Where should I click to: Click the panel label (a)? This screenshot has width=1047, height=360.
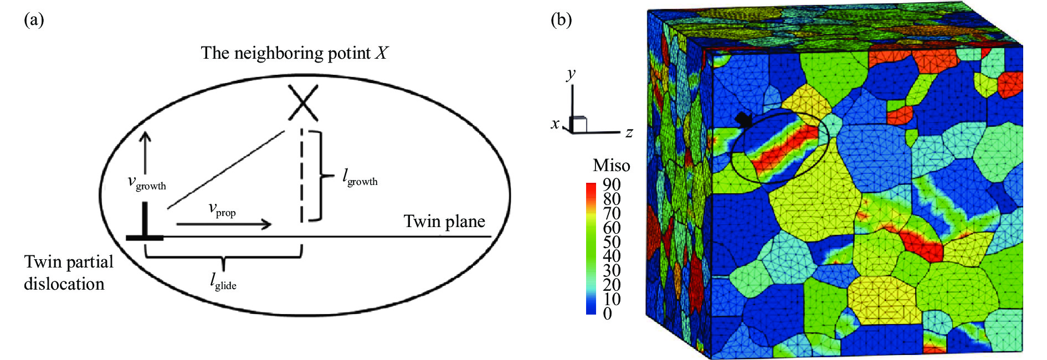pos(34,20)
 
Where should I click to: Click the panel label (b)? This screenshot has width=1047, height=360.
pos(561,20)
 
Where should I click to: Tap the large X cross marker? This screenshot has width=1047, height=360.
pos(303,102)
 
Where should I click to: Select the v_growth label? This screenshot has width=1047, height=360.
pos(147,182)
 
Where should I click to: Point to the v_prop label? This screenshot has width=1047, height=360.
pos(222,209)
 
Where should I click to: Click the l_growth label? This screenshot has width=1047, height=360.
pos(360,177)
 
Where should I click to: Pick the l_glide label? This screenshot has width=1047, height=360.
pos(223,282)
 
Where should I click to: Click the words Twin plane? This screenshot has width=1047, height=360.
pos(444,222)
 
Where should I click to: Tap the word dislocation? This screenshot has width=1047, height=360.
pos(64,284)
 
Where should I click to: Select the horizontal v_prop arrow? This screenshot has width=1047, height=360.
pos(224,224)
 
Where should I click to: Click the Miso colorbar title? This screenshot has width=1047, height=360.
pos(611,166)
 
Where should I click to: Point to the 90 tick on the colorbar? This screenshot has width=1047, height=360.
pos(612,184)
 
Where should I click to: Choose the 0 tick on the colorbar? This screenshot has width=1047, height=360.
pos(608,313)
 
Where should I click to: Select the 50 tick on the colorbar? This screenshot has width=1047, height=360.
pos(612,242)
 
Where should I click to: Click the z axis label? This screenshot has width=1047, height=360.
pos(629,132)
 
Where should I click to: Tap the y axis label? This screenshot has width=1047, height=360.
pos(571,74)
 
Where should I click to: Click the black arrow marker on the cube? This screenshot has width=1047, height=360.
pos(744,120)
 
